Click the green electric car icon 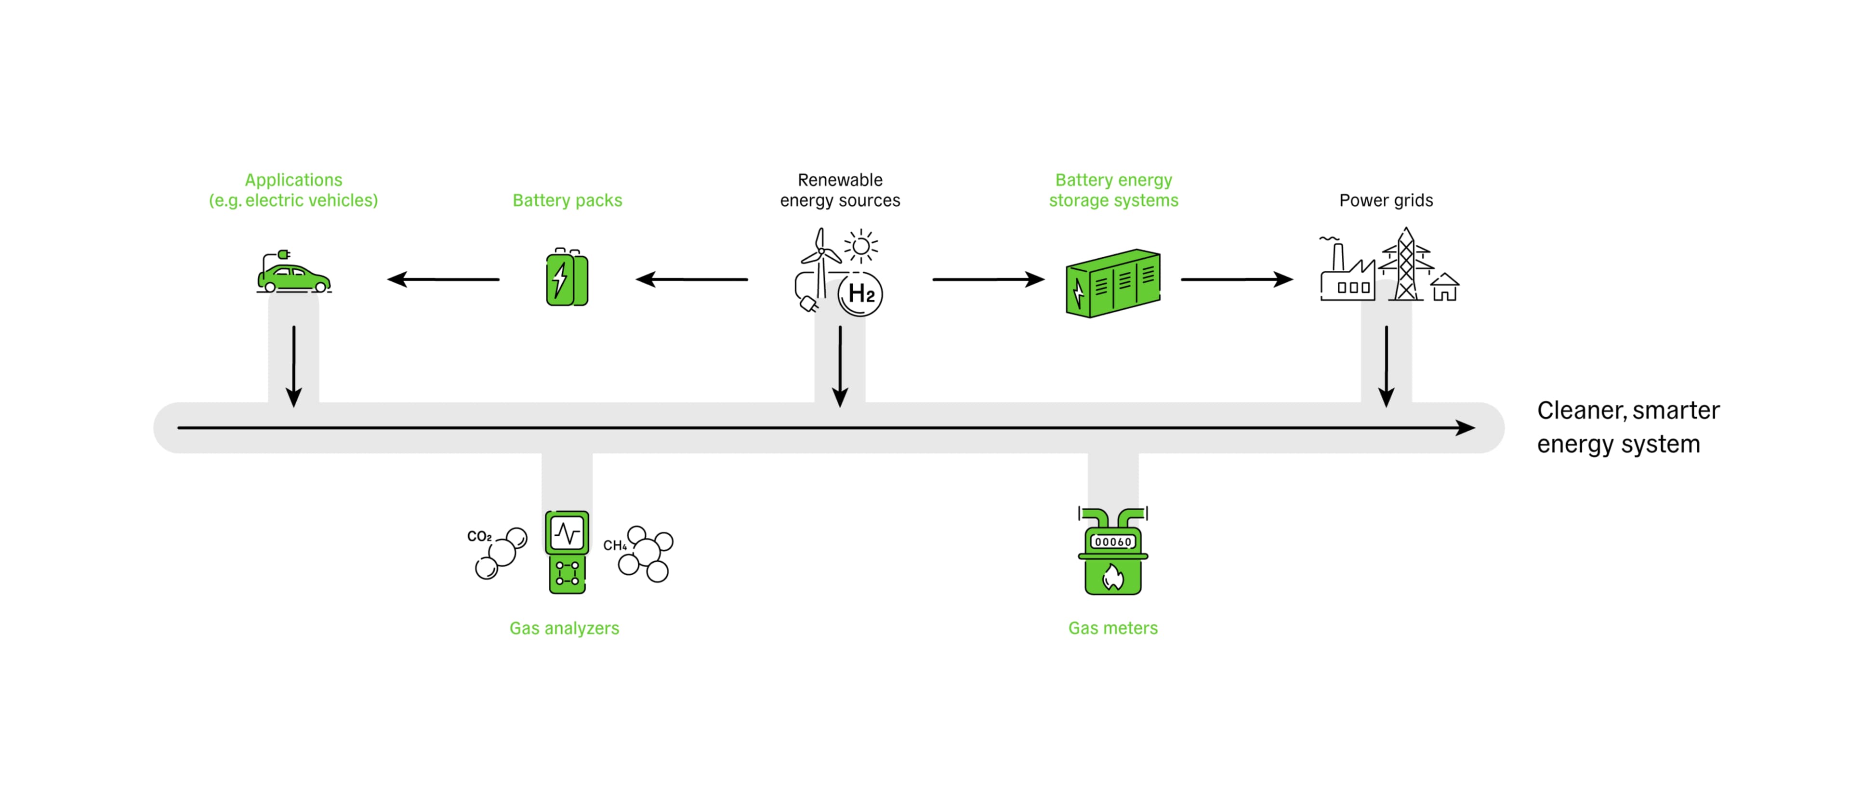point(294,278)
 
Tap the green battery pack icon point(567,278)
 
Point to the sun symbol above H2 point(860,246)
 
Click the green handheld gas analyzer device point(567,552)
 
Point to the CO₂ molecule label point(479,537)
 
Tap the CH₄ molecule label point(614,546)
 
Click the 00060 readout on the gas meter point(1112,542)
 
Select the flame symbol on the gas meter point(1112,576)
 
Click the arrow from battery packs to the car point(443,279)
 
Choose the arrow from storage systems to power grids point(1237,279)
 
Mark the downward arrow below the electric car point(294,366)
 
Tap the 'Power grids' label point(1386,200)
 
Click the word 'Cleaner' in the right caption point(1581,410)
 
